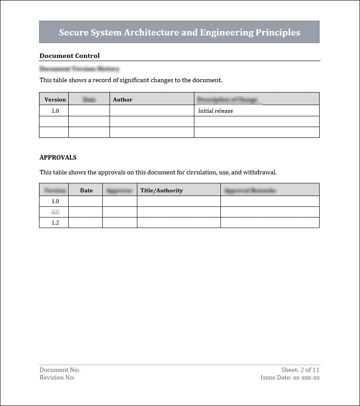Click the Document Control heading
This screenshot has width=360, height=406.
70,56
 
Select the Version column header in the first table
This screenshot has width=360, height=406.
55,99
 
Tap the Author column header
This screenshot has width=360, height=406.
123,99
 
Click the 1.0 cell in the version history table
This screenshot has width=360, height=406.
55,110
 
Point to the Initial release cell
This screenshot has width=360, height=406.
215,110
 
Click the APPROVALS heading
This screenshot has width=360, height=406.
58,158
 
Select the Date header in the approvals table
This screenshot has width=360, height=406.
86,190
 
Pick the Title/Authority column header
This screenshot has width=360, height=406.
162,190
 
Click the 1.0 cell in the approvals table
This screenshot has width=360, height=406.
55,201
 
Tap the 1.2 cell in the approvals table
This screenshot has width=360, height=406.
55,223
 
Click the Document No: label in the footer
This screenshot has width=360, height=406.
59,370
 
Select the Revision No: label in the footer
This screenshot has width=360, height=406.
57,378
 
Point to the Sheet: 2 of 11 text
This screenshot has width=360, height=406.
300,370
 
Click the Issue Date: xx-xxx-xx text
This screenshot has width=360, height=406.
290,378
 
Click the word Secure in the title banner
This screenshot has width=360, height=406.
73,32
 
